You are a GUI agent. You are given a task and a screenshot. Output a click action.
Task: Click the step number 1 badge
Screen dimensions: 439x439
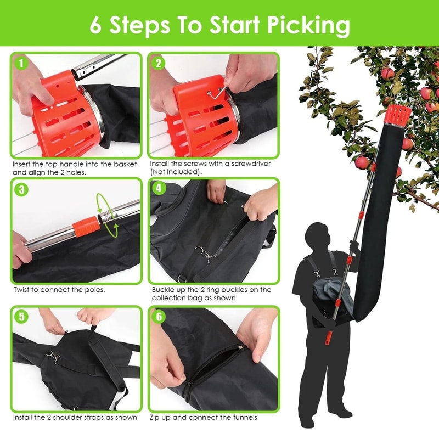pos(21,63)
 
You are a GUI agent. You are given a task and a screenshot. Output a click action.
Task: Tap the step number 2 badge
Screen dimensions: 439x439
pos(159,63)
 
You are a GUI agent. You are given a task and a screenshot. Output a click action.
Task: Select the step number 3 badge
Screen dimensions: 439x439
pos(21,190)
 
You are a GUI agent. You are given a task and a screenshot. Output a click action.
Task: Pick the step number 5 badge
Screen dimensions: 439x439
pos(21,317)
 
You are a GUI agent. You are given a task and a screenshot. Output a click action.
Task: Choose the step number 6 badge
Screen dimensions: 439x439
pos(159,317)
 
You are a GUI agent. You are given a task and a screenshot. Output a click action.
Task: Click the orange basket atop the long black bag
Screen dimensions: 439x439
pos(398,114)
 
